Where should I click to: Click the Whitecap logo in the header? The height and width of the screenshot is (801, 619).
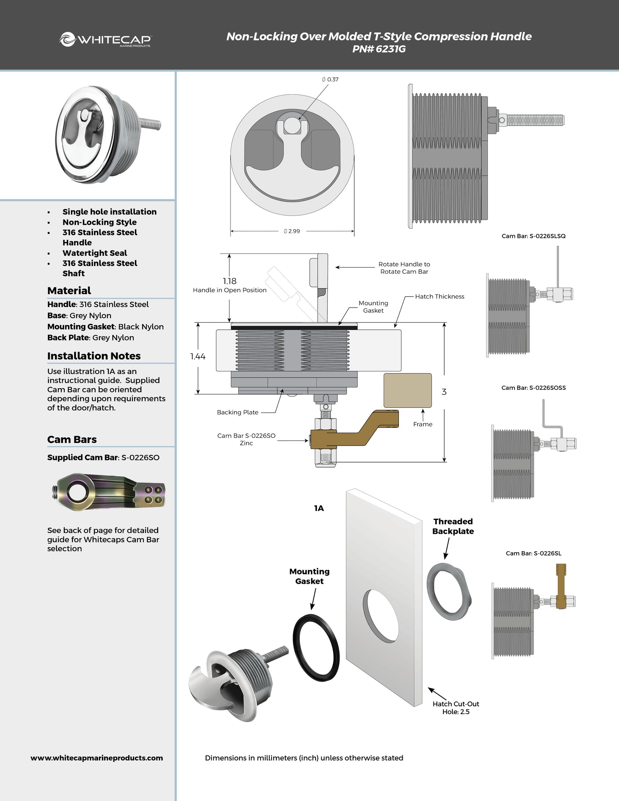105,39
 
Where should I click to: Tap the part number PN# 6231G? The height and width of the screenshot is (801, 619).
379,49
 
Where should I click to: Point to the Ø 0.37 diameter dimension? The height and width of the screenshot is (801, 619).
330,79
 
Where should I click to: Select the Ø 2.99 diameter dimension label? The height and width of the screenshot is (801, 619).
292,231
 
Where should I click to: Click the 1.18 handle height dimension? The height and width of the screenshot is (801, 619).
230,281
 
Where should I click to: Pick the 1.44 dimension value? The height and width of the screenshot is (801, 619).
198,356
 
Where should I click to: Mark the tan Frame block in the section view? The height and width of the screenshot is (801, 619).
407,390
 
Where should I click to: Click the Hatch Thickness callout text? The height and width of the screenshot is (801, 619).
440,296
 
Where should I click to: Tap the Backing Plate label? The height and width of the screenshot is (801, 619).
237,412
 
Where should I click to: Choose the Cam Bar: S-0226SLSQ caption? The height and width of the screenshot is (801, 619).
533,236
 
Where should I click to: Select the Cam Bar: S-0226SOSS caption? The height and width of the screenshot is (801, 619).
533,388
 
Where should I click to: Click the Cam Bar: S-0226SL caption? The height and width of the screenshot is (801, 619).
533,553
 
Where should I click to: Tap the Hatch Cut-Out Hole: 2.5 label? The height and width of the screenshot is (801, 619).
456,708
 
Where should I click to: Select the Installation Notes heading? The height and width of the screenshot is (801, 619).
94,356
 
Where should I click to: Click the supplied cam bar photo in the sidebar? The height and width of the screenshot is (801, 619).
109,492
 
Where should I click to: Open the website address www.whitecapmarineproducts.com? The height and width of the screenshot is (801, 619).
97,758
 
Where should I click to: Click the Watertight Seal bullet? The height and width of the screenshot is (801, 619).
95,253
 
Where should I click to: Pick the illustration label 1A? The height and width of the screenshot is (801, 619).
319,508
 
